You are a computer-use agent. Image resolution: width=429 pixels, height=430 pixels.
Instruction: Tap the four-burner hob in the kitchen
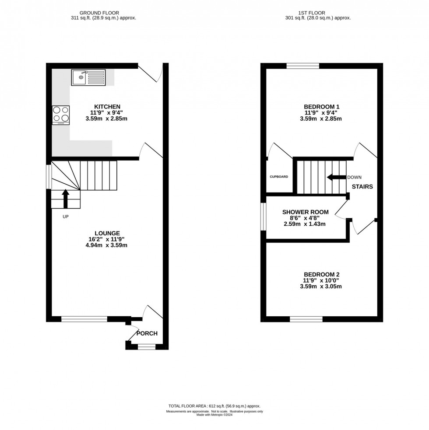(x=61, y=115)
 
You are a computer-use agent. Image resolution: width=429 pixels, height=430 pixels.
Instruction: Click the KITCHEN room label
(x=107, y=106)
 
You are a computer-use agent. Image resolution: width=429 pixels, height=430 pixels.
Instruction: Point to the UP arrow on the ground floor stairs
(x=66, y=199)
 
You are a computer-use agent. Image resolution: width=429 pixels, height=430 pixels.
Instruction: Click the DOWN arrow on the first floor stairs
(x=336, y=177)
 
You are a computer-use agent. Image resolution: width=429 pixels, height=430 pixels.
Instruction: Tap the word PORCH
(x=147, y=333)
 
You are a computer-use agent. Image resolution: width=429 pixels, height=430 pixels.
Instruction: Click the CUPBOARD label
(x=278, y=177)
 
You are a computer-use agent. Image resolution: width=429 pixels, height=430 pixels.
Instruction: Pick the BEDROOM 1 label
(x=322, y=106)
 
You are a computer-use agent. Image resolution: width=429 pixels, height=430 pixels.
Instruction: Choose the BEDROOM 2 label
(x=322, y=274)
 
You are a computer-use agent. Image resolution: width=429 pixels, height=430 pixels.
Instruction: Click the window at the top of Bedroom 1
(x=303, y=66)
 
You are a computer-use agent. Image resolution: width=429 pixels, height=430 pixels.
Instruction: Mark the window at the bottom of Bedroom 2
(x=306, y=319)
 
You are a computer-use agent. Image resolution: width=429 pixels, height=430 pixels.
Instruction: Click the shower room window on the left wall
(x=264, y=217)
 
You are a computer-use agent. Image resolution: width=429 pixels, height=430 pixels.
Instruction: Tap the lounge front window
(x=84, y=319)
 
